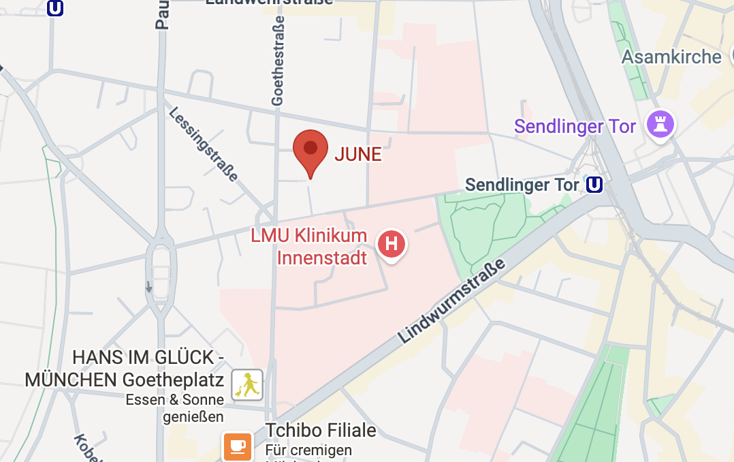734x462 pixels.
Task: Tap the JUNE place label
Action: [358, 154]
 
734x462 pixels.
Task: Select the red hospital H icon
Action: [392, 243]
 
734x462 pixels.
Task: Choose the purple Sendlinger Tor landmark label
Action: [575, 126]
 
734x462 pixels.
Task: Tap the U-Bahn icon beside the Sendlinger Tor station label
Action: [594, 185]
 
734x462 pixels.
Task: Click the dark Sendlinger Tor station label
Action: [522, 185]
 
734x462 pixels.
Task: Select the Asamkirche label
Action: [671, 57]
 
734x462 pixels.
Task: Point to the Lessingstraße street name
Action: [204, 144]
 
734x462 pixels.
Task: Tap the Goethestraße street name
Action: [277, 61]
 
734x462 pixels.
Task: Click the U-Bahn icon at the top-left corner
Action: [55, 7]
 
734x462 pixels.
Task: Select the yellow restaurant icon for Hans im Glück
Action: [247, 386]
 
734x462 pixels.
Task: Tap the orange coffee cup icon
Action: [237, 446]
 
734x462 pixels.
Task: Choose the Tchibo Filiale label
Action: [321, 431]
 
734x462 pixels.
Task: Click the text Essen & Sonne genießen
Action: [175, 407]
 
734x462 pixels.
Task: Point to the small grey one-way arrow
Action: [149, 287]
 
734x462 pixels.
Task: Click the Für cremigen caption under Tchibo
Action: [309, 450]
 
